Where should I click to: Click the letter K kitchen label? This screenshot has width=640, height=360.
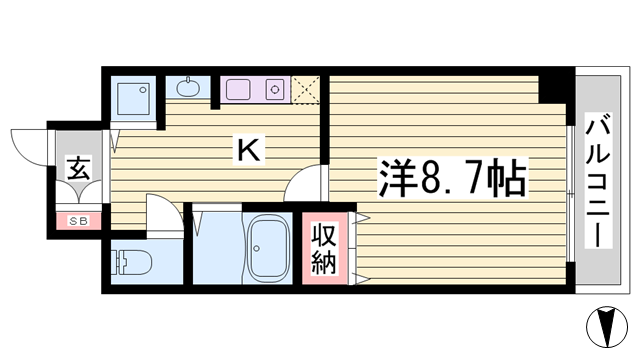(x=249, y=151)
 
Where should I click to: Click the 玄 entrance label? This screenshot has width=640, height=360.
(x=78, y=169)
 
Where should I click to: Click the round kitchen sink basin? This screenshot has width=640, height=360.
(x=188, y=88)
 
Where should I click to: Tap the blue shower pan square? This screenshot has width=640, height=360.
(x=132, y=97)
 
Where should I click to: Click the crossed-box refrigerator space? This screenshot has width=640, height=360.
(x=306, y=90)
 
